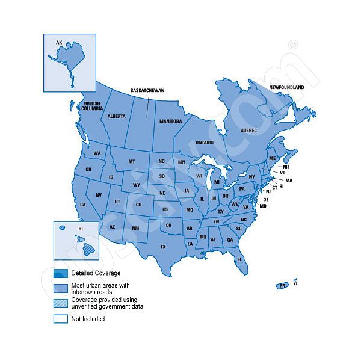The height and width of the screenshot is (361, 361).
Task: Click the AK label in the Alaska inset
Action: click(x=59, y=43)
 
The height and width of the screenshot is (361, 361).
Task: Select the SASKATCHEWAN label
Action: click(x=147, y=90)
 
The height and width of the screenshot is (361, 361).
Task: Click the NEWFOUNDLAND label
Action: click(x=286, y=87)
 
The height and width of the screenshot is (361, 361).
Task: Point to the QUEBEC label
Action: click(x=248, y=130)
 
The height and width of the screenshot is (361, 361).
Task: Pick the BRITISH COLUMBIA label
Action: click(x=92, y=106)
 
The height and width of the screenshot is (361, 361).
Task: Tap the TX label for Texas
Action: click(x=163, y=247)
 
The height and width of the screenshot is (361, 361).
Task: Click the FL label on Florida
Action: click(x=239, y=259)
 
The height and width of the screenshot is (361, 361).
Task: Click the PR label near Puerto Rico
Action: click(x=282, y=286)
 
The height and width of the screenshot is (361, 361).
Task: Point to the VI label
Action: click(x=296, y=281)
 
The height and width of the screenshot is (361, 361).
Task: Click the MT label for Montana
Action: click(x=131, y=162)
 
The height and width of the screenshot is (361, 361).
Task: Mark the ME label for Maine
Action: click(x=272, y=158)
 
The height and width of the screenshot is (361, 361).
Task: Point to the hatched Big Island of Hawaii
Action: click(x=88, y=247)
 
